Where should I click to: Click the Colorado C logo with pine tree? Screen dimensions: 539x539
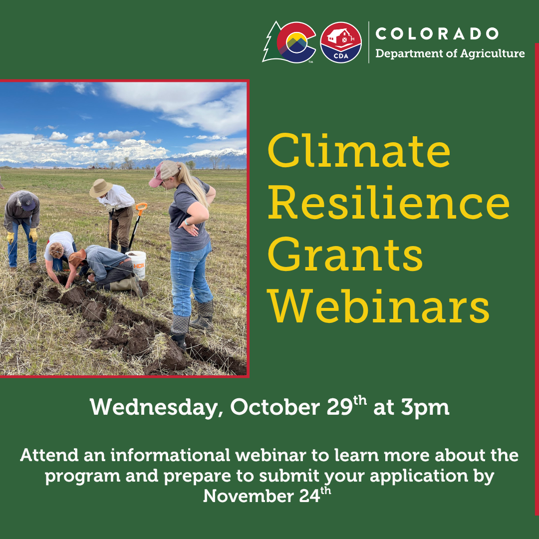pos(289,42)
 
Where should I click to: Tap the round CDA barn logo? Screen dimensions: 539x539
pos(341,42)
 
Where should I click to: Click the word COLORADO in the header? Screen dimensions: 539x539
pos(437,34)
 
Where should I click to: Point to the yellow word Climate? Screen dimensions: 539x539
pos(359,151)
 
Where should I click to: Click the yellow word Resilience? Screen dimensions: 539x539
pos(388,202)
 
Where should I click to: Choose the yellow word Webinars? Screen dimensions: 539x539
pos(378,306)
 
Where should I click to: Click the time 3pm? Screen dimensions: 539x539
pos(425,408)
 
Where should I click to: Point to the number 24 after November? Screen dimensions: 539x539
pos(310,497)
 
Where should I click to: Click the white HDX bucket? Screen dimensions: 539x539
pos(136,265)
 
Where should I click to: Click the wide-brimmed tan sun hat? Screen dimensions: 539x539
pos(101,188)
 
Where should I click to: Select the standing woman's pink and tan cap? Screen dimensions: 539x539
pos(164,173)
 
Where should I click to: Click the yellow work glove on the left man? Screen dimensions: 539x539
pos(33,235)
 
